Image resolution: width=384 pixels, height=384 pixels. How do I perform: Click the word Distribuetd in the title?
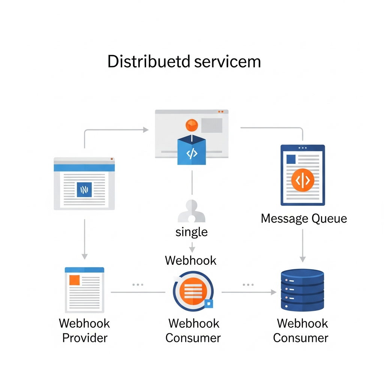pyautogui.click(x=149, y=62)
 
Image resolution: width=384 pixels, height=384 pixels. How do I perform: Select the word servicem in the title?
pyautogui.click(x=228, y=62)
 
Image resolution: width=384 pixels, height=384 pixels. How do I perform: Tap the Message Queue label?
pyautogui.click(x=304, y=218)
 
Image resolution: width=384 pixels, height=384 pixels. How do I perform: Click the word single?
pyautogui.click(x=191, y=232)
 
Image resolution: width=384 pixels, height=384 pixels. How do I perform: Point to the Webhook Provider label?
pyautogui.click(x=84, y=330)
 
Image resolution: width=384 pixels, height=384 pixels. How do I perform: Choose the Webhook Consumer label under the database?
pyautogui.click(x=302, y=330)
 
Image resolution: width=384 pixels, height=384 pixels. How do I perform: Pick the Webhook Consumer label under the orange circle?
pyautogui.click(x=193, y=330)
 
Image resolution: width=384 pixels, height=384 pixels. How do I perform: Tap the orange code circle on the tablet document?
pyautogui.click(x=303, y=180)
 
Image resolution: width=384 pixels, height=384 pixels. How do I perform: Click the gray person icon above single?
pyautogui.click(x=191, y=211)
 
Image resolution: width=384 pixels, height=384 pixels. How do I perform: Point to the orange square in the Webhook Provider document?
pyautogui.click(x=75, y=280)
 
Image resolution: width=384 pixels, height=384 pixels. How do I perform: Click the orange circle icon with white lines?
pyautogui.click(x=193, y=291)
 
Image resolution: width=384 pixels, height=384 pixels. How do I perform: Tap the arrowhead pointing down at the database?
pyautogui.click(x=303, y=259)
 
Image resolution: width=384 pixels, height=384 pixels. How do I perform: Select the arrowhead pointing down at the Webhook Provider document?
pyautogui.click(x=85, y=256)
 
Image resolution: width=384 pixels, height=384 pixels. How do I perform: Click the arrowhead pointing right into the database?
pyautogui.click(x=274, y=292)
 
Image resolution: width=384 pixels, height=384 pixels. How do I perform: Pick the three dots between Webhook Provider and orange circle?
pyautogui.click(x=138, y=285)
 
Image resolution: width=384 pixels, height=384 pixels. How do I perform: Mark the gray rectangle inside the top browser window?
pyautogui.click(x=211, y=125)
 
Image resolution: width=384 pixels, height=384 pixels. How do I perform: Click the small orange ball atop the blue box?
pyautogui.click(x=191, y=125)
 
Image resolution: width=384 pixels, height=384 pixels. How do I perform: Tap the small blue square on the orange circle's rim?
pyautogui.click(x=209, y=303)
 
